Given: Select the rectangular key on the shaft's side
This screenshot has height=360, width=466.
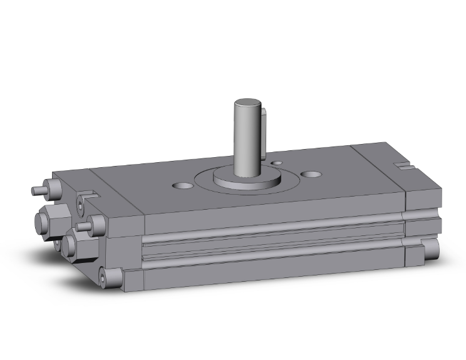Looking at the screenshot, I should pyautogui.click(x=265, y=129).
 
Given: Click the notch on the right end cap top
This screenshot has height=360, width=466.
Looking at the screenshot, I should pyautogui.click(x=404, y=166).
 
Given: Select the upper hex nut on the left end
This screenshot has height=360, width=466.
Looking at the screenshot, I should pyautogui.click(x=48, y=220).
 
